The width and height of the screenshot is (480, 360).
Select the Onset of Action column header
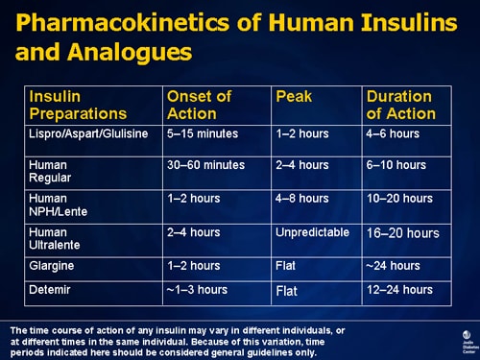[x=200, y=105]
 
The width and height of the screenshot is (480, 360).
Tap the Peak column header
[x=294, y=96]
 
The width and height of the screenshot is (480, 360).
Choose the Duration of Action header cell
[x=401, y=105]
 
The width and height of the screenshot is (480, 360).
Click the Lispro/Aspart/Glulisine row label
[x=89, y=133]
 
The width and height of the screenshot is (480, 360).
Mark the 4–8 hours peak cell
[x=301, y=199]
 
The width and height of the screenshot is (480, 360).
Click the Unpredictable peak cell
[x=311, y=232]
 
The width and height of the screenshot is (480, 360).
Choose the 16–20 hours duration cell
[x=402, y=233]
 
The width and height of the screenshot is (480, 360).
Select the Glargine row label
[x=52, y=266]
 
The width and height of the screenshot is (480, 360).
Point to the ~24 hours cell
[x=394, y=266]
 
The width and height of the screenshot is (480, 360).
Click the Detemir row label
[x=49, y=289]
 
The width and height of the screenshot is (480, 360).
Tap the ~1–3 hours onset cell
[x=197, y=289]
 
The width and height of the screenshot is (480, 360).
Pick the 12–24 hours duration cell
[x=399, y=289]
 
